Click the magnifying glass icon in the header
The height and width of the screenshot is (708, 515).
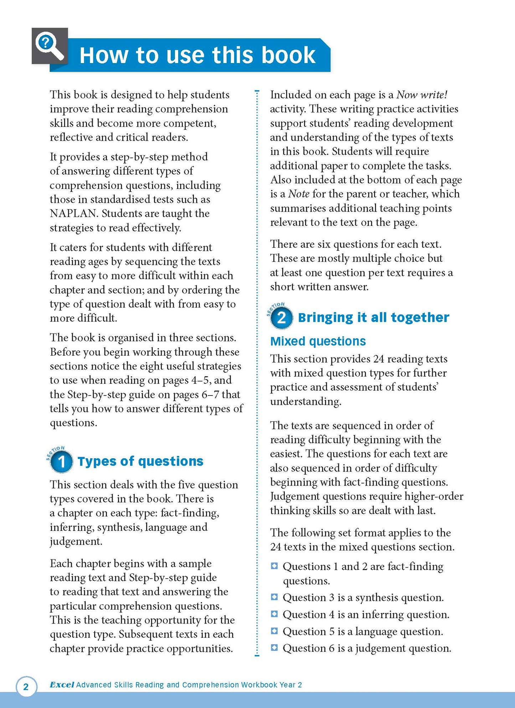[x=50, y=46]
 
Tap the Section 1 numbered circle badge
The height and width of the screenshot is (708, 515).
[x=61, y=462]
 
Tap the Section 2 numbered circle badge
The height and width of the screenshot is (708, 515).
[x=281, y=317]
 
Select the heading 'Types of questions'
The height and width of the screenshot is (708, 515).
[x=140, y=461]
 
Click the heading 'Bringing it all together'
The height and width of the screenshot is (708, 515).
[x=373, y=317]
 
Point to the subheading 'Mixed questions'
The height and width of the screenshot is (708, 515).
[x=318, y=341]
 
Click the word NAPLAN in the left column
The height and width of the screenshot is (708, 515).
[x=73, y=213]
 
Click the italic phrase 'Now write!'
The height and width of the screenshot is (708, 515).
[x=422, y=95]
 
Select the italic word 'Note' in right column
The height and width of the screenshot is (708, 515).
[x=299, y=194]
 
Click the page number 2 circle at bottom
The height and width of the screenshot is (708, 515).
[x=26, y=686]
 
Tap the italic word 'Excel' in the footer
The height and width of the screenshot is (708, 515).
[x=62, y=684]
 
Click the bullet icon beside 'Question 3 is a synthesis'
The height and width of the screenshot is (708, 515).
[x=274, y=597]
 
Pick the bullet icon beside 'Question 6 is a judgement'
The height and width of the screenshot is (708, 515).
[x=274, y=647]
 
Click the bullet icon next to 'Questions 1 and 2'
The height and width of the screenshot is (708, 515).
[x=274, y=566]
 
